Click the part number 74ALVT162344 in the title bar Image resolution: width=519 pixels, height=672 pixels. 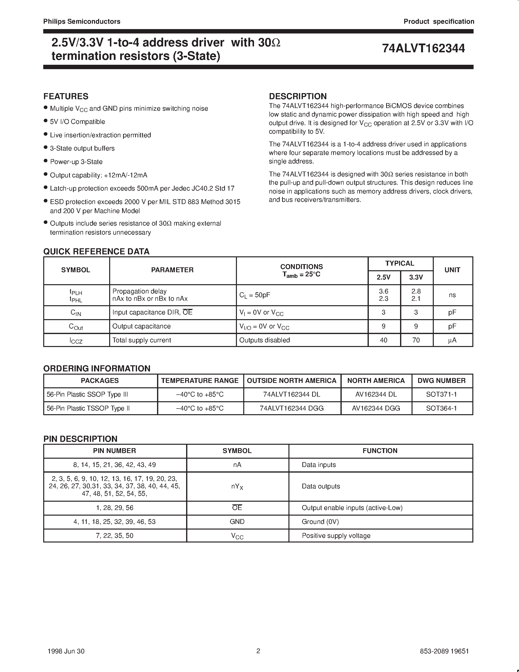pyautogui.click(x=423, y=49)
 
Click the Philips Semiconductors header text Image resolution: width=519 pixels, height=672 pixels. pyautogui.click(x=82, y=22)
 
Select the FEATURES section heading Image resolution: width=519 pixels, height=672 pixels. pyautogui.click(x=66, y=96)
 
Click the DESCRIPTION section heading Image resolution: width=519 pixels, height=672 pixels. pyautogui.click(x=298, y=96)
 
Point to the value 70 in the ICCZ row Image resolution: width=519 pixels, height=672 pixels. pyautogui.click(x=416, y=340)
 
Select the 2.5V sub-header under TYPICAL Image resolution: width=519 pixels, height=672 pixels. pyautogui.click(x=384, y=277)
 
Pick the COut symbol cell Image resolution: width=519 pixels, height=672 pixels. pyautogui.click(x=76, y=326)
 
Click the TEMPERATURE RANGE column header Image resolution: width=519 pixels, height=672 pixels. pyautogui.click(x=200, y=381)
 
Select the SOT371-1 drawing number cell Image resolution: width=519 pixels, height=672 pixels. pyautogui.click(x=442, y=394)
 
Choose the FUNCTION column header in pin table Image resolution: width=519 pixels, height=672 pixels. pyautogui.click(x=380, y=451)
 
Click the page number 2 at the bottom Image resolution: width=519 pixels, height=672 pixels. pyautogui.click(x=258, y=651)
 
